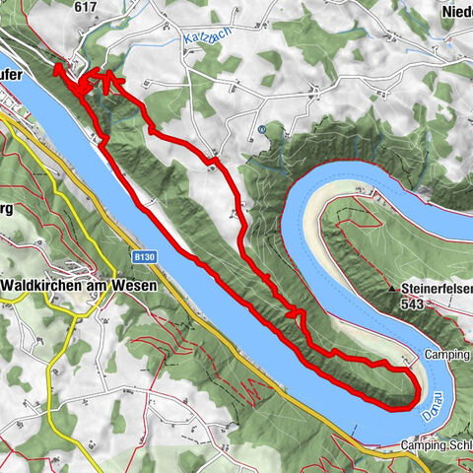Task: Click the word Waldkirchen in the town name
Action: [47, 285]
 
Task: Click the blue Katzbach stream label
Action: [202, 40]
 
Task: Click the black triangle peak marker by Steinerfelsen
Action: [392, 289]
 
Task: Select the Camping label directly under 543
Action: [448, 354]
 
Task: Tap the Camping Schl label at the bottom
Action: [437, 445]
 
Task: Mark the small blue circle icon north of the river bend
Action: [261, 129]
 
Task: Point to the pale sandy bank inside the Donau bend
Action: [379, 340]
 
